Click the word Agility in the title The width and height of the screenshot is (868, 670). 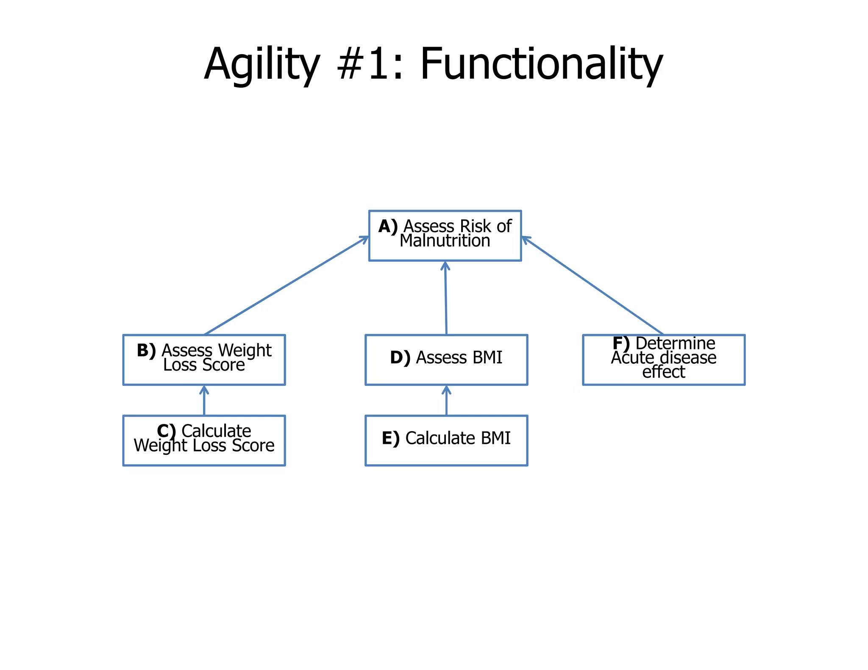point(262,64)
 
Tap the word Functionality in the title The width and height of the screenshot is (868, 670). point(541,64)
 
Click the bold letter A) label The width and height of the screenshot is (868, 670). point(388,226)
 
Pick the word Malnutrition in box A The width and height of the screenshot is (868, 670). point(445,241)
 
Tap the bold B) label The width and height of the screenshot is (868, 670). point(146,350)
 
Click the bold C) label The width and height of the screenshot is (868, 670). point(166,431)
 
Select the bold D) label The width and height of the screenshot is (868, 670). point(400,357)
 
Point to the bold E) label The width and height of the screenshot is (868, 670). point(390,438)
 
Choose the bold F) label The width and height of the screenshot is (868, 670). point(621,343)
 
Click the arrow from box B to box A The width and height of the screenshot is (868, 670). point(287,285)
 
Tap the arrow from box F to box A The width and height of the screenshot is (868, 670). point(593,285)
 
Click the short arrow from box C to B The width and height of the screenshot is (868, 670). point(204,400)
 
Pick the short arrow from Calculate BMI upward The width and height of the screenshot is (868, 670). point(446,400)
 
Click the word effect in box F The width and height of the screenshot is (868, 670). point(663,372)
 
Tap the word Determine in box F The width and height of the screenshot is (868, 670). point(675,343)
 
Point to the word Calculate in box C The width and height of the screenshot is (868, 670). point(216,431)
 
